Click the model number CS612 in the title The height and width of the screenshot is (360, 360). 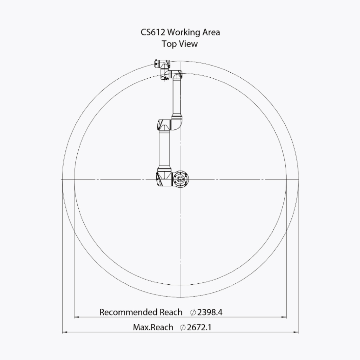point(153,32)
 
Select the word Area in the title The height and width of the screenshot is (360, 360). point(211,32)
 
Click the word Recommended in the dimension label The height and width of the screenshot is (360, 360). point(128,312)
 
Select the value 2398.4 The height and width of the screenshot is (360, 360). point(210,312)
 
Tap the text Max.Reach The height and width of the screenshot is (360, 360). point(153,327)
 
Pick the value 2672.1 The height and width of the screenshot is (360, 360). point(199,327)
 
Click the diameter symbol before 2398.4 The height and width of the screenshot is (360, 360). point(193,312)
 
